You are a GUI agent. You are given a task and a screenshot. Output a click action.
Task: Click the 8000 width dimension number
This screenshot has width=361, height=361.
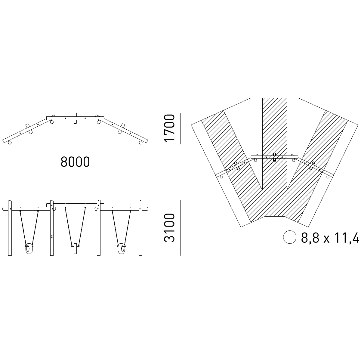click(x=75, y=162)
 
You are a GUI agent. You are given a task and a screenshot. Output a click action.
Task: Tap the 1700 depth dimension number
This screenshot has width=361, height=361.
click(x=169, y=128)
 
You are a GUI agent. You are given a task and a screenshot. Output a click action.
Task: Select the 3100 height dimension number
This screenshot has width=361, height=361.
click(x=169, y=228)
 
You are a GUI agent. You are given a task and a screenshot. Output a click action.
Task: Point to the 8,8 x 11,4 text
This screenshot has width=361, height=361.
click(x=330, y=238)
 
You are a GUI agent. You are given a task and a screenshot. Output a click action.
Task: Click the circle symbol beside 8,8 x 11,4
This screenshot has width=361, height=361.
click(x=290, y=237)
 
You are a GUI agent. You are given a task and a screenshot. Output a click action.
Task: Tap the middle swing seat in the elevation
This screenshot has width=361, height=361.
click(x=75, y=248)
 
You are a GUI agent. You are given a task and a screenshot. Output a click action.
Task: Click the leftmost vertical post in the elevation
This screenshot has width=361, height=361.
click(x=10, y=228)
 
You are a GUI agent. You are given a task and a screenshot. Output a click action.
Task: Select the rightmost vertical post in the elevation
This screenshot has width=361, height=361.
click(x=140, y=228)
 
